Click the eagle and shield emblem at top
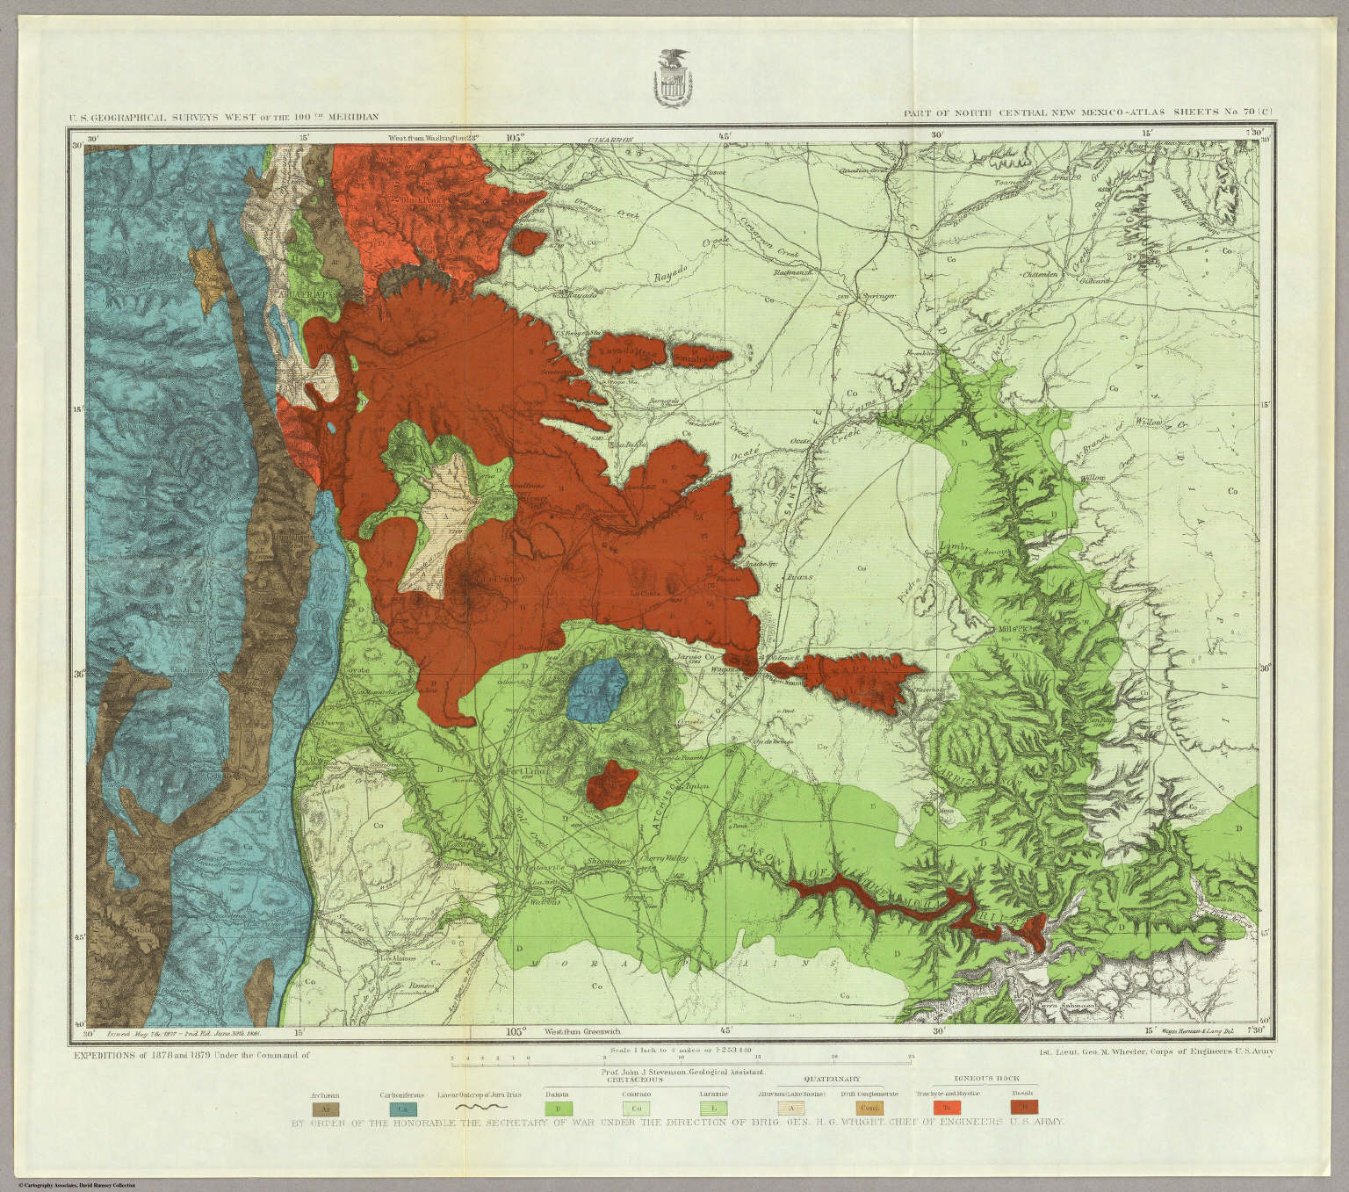(674, 77)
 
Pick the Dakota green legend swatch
(559, 1107)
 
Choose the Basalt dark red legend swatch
(1024, 1106)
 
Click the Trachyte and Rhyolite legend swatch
(946, 1106)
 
